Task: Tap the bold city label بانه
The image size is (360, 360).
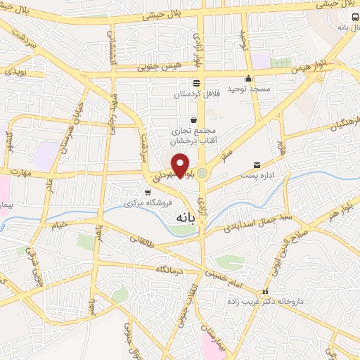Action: point(181,218)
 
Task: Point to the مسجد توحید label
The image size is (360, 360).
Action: point(247,89)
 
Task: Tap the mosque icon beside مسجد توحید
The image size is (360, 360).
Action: point(247,79)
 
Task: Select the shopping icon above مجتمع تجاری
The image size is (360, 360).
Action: point(193,120)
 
